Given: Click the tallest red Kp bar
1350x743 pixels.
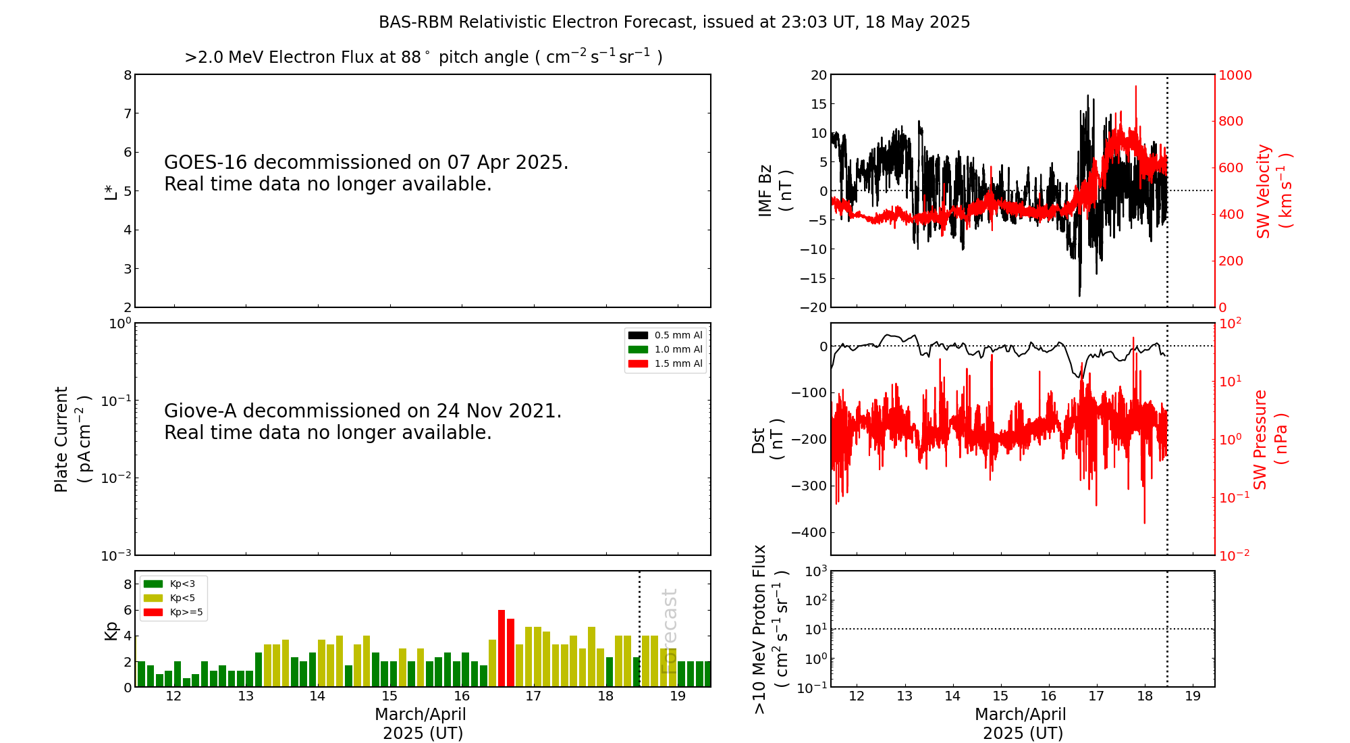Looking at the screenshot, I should (x=502, y=648).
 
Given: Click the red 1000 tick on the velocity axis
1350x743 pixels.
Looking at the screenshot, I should (x=1235, y=75).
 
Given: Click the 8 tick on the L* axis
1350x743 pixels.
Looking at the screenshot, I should (x=127, y=75).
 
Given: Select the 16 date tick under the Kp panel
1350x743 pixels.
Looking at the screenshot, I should (x=462, y=696).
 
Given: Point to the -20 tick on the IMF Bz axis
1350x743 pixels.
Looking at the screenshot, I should (x=813, y=307).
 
